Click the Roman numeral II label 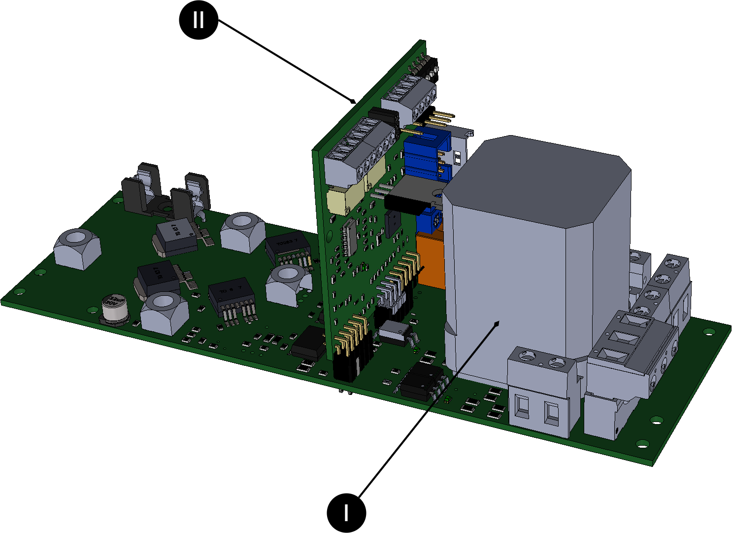pyautogui.click(x=198, y=20)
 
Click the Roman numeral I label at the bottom pyautogui.click(x=346, y=513)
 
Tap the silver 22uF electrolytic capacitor pyautogui.click(x=115, y=310)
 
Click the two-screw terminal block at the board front pyautogui.click(x=540, y=392)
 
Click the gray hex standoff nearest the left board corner pyautogui.click(x=77, y=249)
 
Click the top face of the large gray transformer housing pyautogui.click(x=537, y=178)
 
